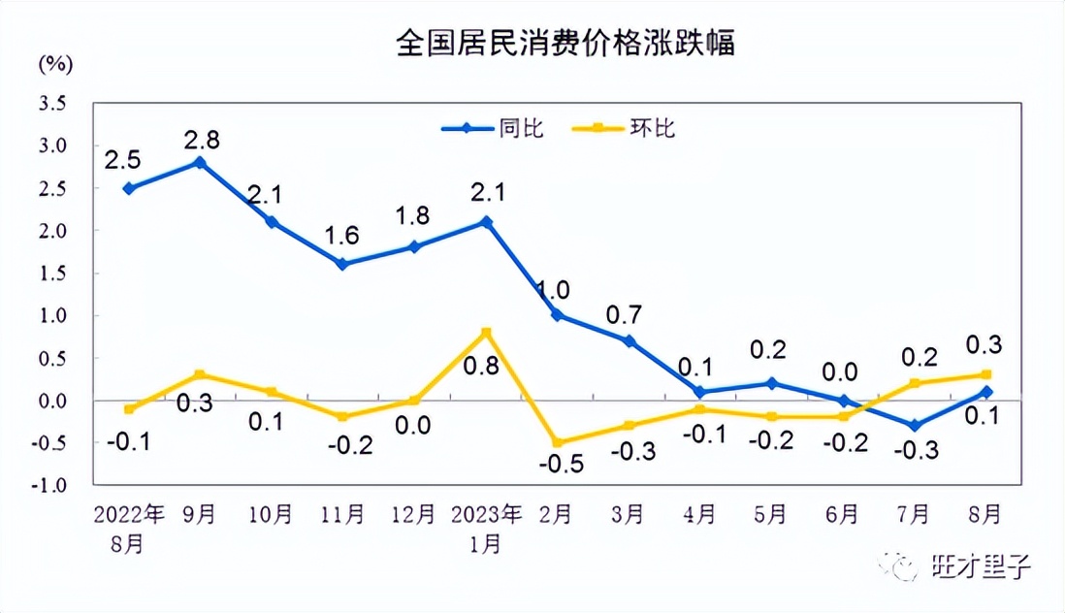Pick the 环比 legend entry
pyautogui.click(x=633, y=128)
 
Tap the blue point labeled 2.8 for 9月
pyautogui.click(x=200, y=162)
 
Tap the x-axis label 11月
pyautogui.click(x=342, y=514)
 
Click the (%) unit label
pyautogui.click(x=55, y=65)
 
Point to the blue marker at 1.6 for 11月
pyautogui.click(x=342, y=264)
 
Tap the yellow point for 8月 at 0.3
pyautogui.click(x=986, y=374)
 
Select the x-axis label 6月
pyautogui.click(x=842, y=514)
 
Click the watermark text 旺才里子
pyautogui.click(x=981, y=565)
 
